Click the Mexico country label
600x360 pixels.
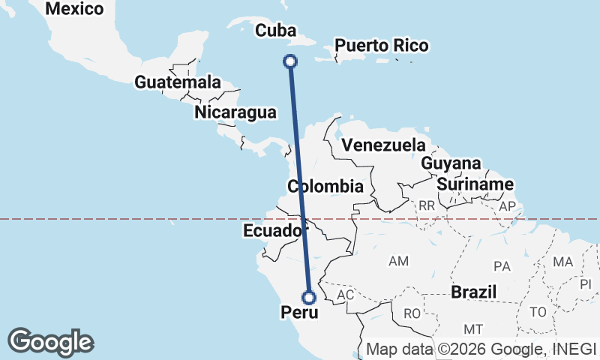click(73, 9)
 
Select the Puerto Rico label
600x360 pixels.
click(381, 46)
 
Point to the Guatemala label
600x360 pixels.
click(178, 82)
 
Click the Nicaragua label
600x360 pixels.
click(235, 112)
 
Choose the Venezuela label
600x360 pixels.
click(383, 145)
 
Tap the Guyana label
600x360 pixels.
click(450, 163)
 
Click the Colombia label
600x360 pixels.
click(325, 187)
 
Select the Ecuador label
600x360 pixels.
click(272, 231)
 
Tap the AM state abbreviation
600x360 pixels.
click(398, 261)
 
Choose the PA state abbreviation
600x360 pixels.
click(502, 266)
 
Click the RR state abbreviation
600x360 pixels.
click(427, 205)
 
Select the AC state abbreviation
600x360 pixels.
click(345, 295)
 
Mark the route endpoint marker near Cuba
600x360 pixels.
click(291, 61)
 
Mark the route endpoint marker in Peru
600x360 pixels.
click(308, 297)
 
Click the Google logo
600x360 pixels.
click(50, 342)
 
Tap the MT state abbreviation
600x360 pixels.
click(472, 329)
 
